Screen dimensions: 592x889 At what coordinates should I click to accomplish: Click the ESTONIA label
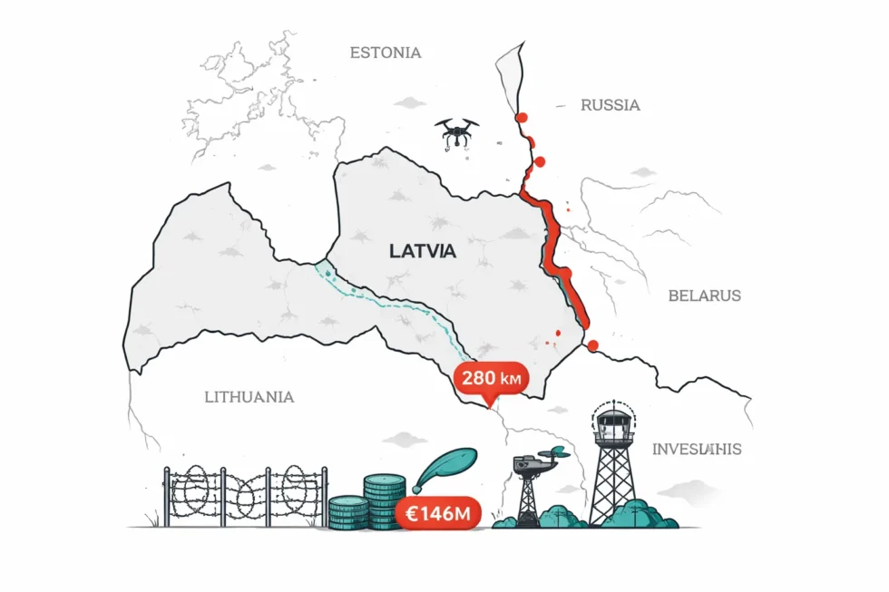click(x=386, y=53)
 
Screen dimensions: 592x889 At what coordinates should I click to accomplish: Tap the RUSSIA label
click(x=610, y=105)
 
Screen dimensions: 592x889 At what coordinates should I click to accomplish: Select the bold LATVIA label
click(x=423, y=252)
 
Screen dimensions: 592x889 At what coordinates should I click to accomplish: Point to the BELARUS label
click(x=704, y=296)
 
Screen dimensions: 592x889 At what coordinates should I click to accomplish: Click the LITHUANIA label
click(x=249, y=397)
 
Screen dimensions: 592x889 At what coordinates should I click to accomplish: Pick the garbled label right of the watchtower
click(x=697, y=449)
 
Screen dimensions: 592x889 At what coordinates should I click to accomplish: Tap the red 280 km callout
click(x=490, y=378)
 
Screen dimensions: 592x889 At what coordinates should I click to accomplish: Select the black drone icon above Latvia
click(x=455, y=132)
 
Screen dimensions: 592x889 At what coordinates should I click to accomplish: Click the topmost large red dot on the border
click(x=521, y=117)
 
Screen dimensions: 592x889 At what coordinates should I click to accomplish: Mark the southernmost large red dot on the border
click(x=592, y=345)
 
